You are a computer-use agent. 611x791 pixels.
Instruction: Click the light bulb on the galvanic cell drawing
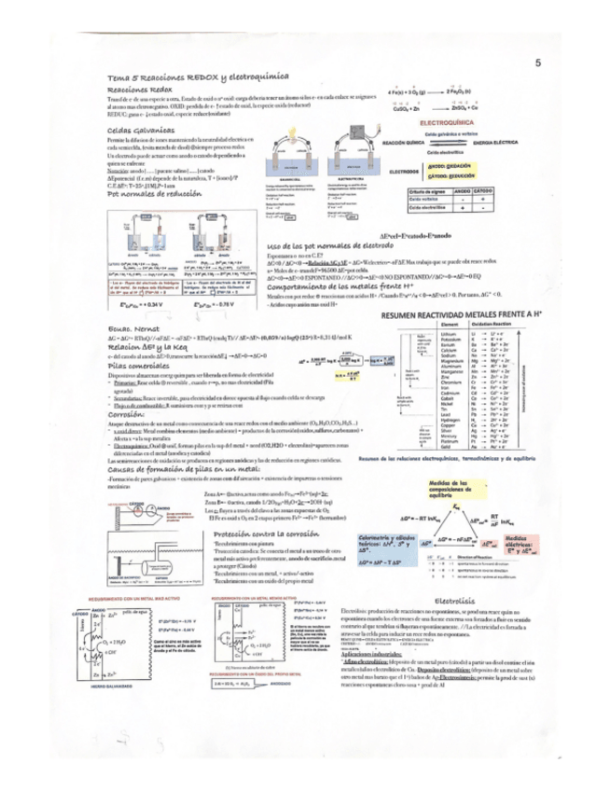[293, 131]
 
